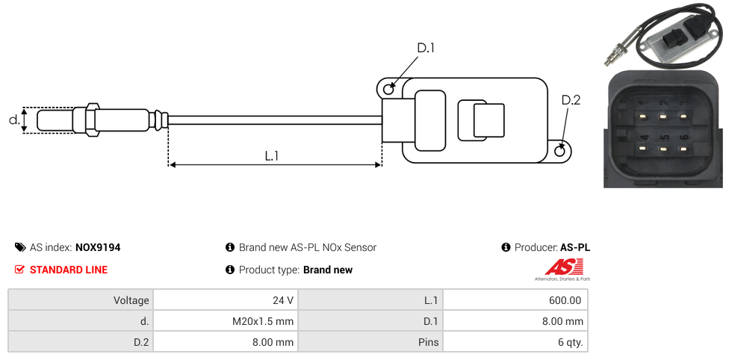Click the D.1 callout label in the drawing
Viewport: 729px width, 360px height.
coord(426,49)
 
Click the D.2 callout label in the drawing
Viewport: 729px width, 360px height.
coord(571,101)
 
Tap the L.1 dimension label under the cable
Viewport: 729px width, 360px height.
coord(272,156)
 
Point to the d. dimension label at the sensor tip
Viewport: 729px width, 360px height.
coord(13,120)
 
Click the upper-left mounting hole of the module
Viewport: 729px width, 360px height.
coord(388,90)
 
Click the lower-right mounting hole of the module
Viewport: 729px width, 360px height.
coord(560,151)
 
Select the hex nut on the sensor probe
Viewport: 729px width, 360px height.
coord(93,120)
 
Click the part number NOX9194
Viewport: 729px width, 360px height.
coord(98,247)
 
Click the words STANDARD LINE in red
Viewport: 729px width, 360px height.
coord(69,270)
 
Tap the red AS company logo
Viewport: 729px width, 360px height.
coord(558,267)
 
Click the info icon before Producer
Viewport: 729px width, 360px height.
coord(506,247)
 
